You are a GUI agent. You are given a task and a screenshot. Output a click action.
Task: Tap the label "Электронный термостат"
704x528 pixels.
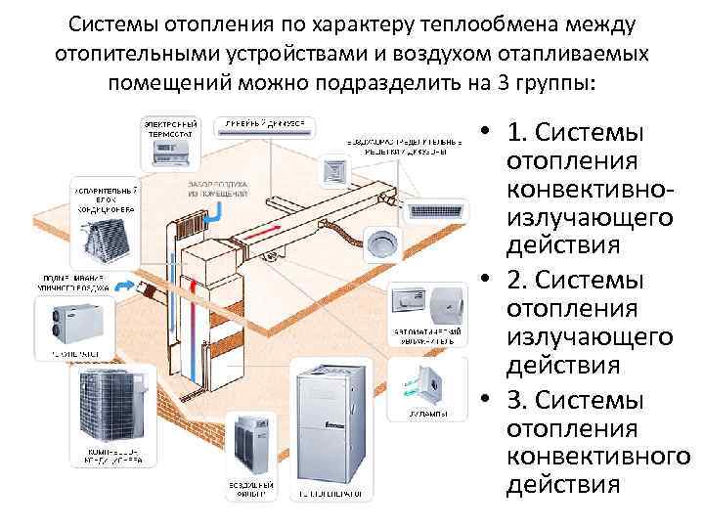(170, 132)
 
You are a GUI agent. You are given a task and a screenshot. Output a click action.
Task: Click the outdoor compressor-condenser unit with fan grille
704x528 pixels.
(110, 405)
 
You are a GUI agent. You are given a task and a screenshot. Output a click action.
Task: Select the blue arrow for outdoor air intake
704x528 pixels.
(124, 285)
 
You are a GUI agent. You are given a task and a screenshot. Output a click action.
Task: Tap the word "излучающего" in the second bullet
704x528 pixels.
(590, 337)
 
